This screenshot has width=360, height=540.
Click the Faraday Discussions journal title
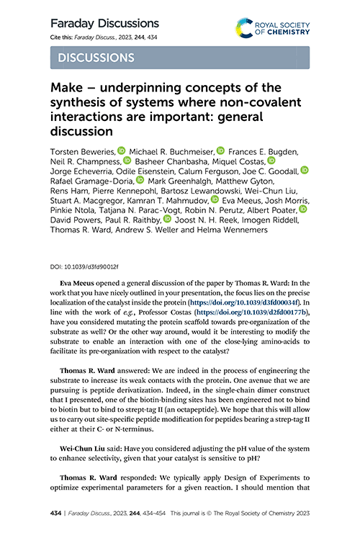coord(104,24)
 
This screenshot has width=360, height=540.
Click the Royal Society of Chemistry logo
coord(272,28)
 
